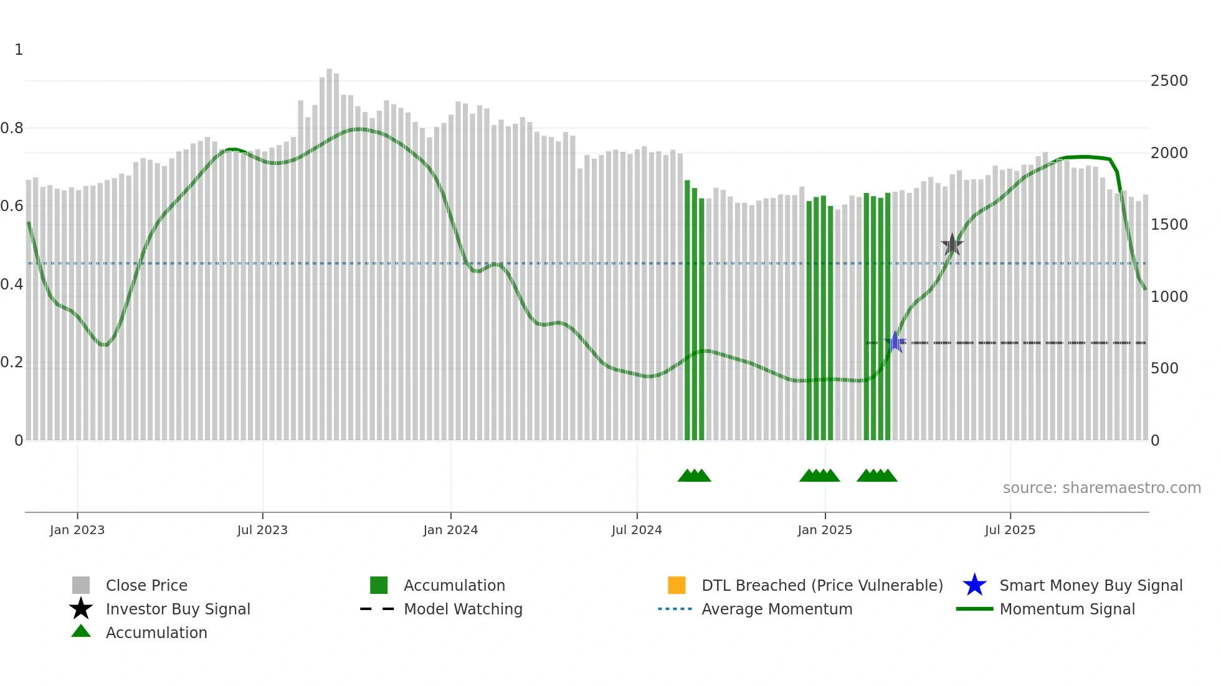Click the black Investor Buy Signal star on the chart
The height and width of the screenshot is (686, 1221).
[x=952, y=245]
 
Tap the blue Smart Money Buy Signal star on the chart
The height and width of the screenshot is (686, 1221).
[x=895, y=342]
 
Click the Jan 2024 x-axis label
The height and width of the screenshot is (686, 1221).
[x=450, y=530]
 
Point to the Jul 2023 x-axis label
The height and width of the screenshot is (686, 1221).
[x=262, y=530]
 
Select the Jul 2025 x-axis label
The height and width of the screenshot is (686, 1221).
[x=1010, y=530]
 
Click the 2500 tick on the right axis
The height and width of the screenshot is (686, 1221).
[x=1169, y=81]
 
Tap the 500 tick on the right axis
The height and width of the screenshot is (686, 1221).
[x=1164, y=369]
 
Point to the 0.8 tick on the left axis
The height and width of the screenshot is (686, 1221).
[x=12, y=128]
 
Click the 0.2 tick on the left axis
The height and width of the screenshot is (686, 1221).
[x=12, y=362]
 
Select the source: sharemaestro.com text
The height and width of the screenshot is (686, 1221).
[x=1101, y=488]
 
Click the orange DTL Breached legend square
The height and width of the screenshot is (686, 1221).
[x=677, y=585]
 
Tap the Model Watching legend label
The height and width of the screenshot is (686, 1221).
[x=463, y=609]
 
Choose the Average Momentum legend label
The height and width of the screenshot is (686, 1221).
[x=776, y=609]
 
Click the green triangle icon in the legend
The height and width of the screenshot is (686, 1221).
[x=81, y=632]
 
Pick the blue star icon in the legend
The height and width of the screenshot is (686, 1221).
[x=974, y=585]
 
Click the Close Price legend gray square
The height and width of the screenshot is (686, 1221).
[x=81, y=585]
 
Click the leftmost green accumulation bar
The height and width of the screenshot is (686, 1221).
[x=687, y=311]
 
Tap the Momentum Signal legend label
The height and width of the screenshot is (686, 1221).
[x=1067, y=609]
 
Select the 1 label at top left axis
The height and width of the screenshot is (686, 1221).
[x=19, y=50]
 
